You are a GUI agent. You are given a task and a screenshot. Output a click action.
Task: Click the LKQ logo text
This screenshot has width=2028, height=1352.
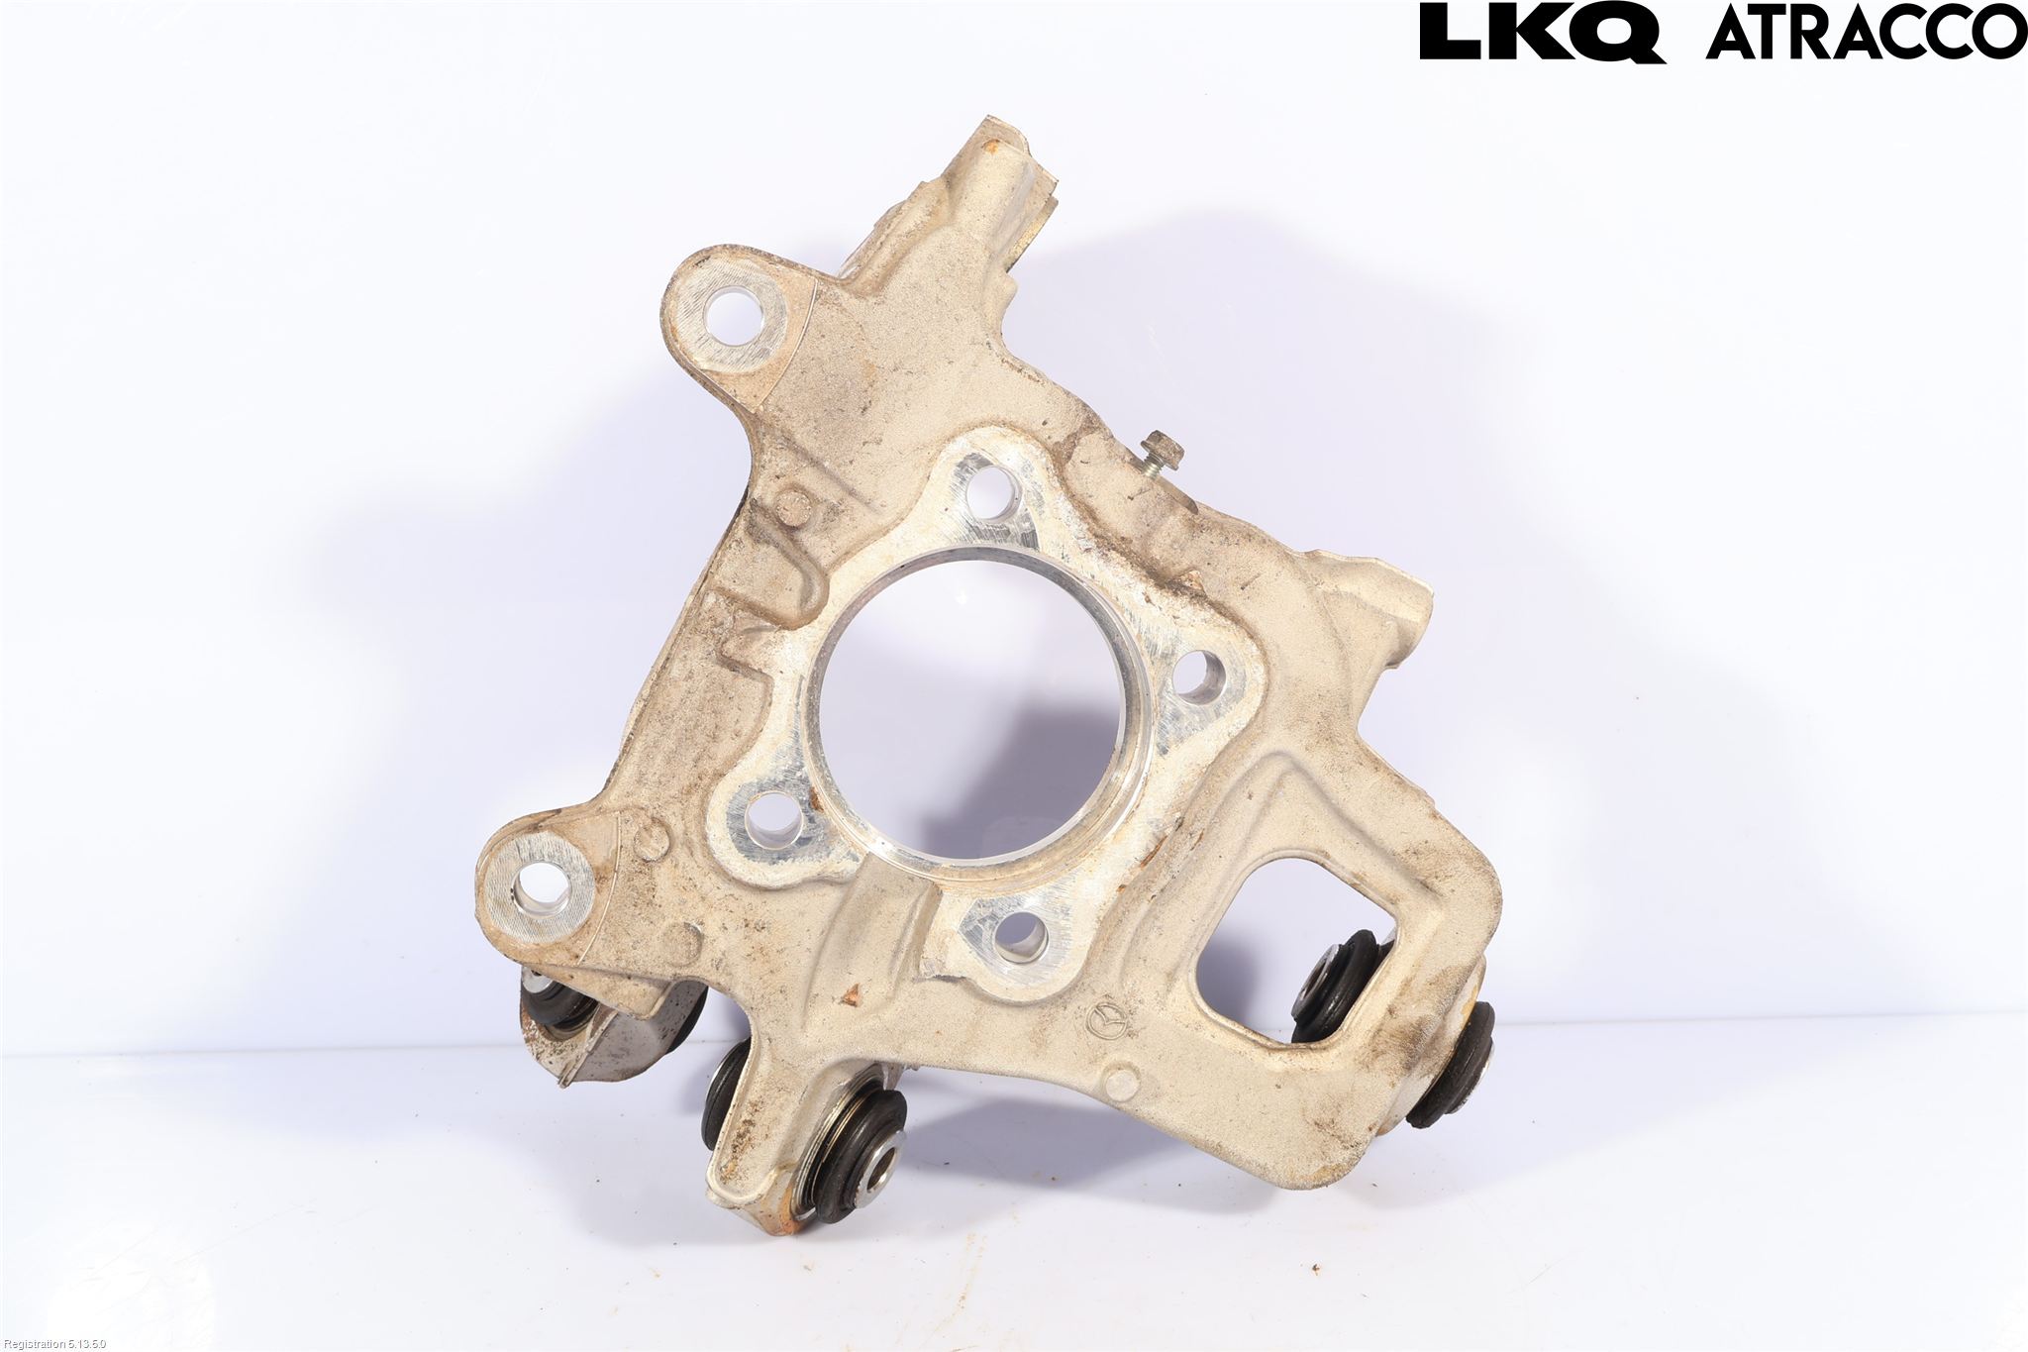coord(1541,32)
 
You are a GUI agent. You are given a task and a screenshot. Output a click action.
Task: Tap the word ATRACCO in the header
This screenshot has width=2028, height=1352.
coord(1866,33)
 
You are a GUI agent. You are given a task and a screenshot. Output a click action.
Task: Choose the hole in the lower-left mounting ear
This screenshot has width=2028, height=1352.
coord(539,886)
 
